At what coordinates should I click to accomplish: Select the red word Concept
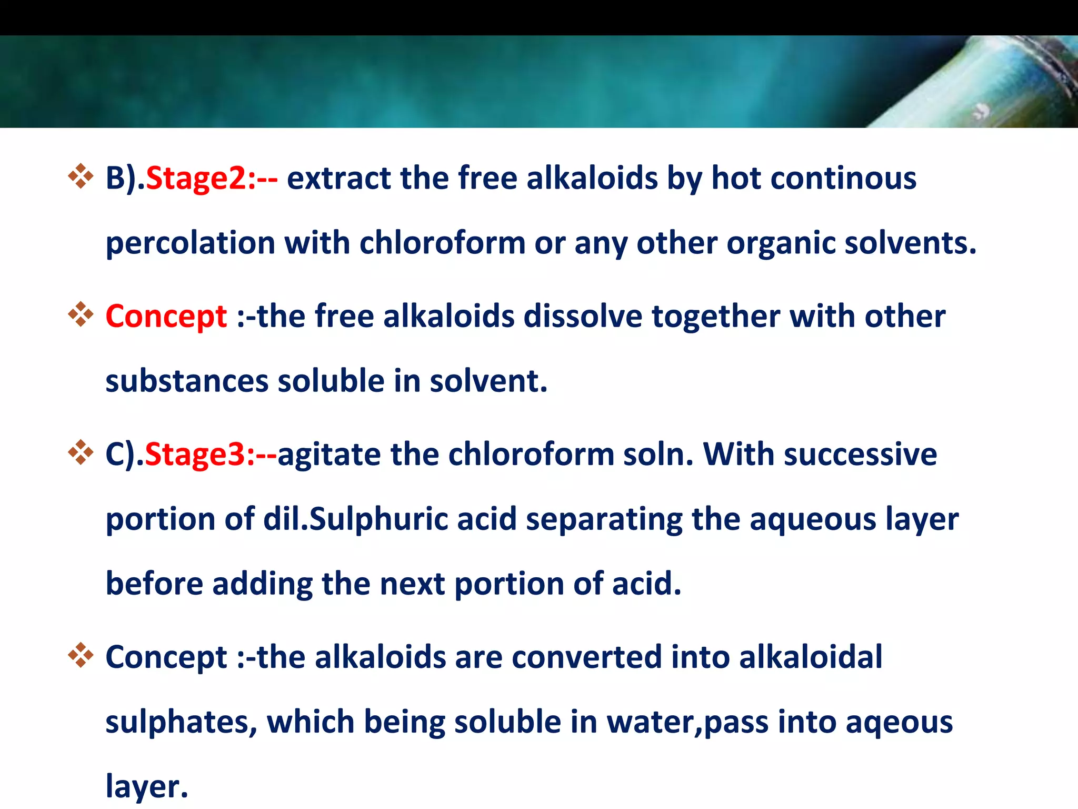pyautogui.click(x=166, y=317)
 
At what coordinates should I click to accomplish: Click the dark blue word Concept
pyautogui.click(x=166, y=657)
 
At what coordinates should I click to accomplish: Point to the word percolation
pyautogui.click(x=190, y=243)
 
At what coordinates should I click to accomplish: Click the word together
pyautogui.click(x=716, y=317)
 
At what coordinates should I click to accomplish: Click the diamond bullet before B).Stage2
pyautogui.click(x=81, y=176)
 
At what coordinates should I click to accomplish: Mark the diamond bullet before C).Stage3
pyautogui.click(x=81, y=452)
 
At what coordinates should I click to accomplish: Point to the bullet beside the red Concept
pyautogui.click(x=81, y=314)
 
